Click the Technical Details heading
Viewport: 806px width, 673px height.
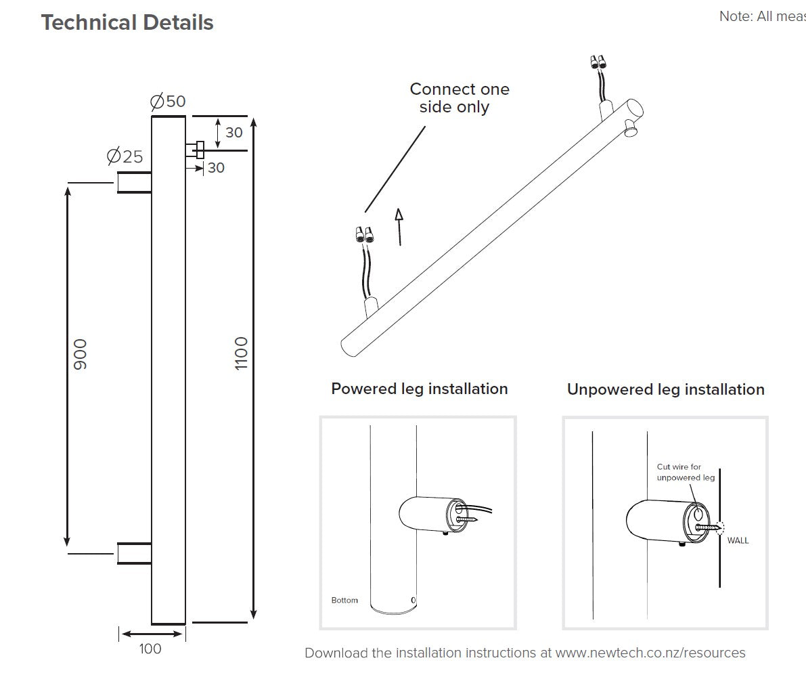[127, 22]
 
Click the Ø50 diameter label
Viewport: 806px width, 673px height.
[167, 102]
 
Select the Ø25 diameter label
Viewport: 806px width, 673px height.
[125, 156]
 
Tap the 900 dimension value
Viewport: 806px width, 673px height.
[81, 354]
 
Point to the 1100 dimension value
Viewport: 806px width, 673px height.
[242, 353]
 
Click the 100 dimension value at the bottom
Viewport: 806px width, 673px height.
[150, 649]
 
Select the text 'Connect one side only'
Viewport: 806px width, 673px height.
[459, 98]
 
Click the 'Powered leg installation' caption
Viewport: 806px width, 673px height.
[419, 389]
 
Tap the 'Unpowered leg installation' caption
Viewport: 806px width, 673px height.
[665, 389]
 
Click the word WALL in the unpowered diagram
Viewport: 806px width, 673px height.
[738, 541]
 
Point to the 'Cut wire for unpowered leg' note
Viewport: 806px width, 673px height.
[685, 472]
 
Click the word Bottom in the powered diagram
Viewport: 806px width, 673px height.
[344, 601]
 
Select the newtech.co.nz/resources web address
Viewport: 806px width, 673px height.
[650, 653]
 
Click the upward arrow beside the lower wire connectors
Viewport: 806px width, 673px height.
[399, 226]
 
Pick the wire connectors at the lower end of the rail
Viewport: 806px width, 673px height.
[365, 235]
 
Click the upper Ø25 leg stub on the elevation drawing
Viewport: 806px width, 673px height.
[134, 183]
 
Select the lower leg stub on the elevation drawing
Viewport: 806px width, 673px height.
[134, 553]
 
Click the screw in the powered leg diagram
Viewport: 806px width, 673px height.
[467, 520]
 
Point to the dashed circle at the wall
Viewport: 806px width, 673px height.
[717, 527]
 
